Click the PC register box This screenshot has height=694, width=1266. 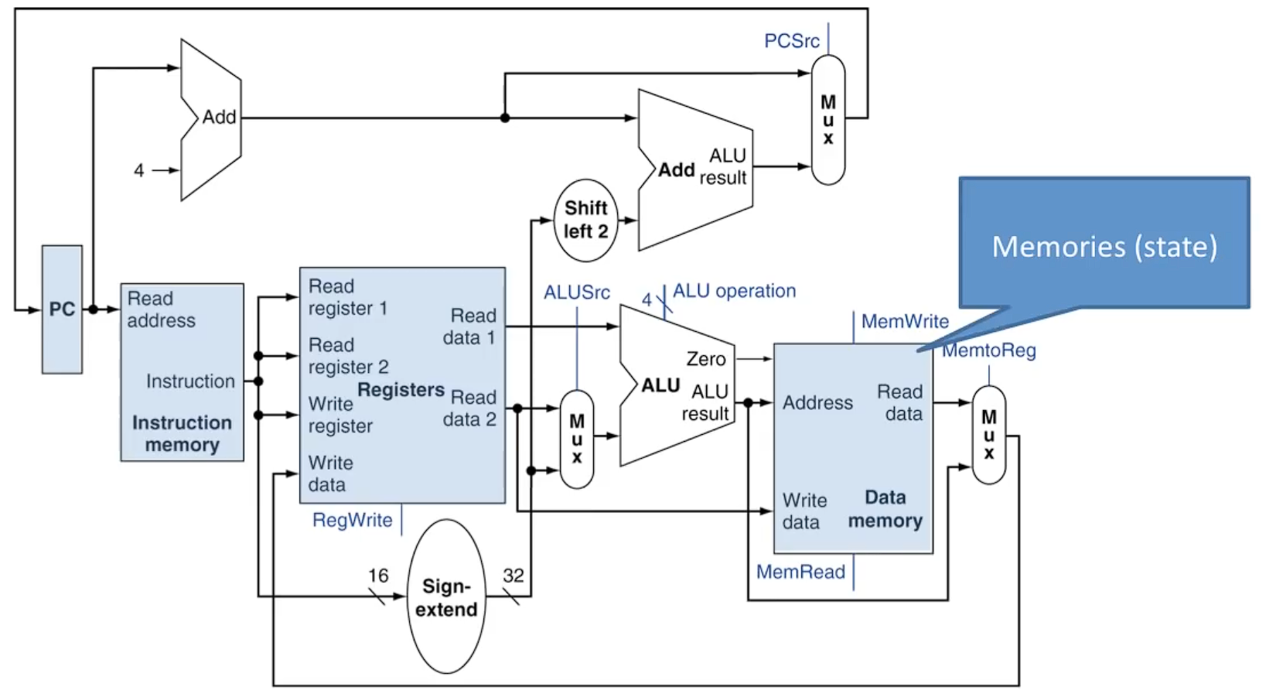[62, 309]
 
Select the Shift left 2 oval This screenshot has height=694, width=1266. [585, 220]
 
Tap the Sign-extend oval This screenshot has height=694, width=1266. [446, 597]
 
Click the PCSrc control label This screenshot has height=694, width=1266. [791, 41]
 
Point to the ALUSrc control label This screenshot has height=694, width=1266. [576, 292]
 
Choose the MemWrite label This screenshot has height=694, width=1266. [904, 321]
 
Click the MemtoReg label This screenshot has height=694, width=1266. [989, 350]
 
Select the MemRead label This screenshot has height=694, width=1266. [800, 572]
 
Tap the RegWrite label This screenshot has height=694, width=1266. [352, 520]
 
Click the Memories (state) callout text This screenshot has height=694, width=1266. [1104, 247]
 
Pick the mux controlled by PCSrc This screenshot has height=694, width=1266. [828, 120]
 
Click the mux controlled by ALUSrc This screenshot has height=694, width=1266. [577, 439]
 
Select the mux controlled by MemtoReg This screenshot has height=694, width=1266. [988, 435]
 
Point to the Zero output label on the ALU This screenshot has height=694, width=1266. [705, 359]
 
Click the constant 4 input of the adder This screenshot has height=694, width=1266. [139, 170]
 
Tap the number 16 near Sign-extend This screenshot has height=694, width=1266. [378, 576]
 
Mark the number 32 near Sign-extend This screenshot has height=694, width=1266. [513, 576]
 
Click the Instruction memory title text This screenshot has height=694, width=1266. [182, 433]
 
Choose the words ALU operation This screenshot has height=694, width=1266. [734, 291]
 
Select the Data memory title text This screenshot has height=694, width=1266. [885, 509]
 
